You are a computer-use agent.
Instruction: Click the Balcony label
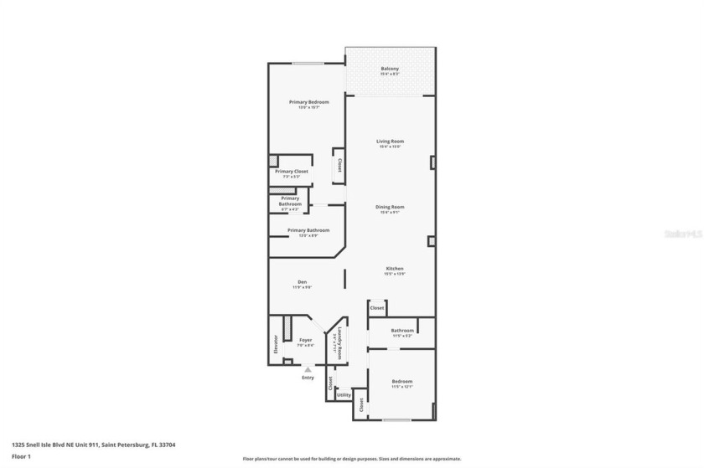pos(390,69)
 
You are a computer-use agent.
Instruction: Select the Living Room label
pos(390,141)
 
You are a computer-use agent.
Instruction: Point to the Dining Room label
pos(390,207)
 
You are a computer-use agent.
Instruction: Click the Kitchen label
pos(394,269)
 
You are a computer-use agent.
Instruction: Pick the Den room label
pos(302,282)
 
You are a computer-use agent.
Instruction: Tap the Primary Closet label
pos(292,172)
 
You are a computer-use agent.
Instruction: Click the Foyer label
pos(306,341)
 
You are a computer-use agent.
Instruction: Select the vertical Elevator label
pos(276,343)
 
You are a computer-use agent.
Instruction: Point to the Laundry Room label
pos(337,344)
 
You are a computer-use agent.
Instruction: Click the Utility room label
pos(344,393)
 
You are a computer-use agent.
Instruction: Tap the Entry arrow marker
pos(308,368)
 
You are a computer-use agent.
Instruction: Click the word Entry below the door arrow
pos(308,378)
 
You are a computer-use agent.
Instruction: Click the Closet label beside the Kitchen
pos(377,308)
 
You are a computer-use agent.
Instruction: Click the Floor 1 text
pos(21,456)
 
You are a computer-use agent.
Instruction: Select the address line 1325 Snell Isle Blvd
pos(93,445)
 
